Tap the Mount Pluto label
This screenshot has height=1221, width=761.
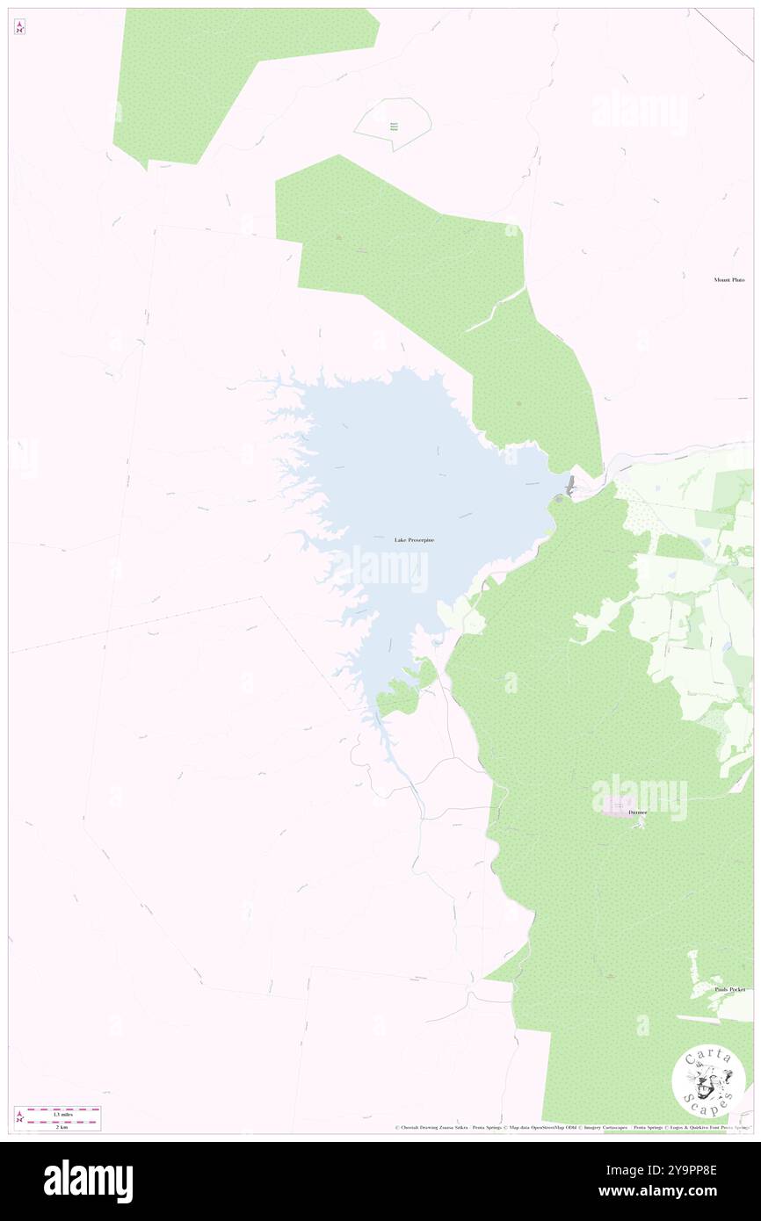(x=728, y=280)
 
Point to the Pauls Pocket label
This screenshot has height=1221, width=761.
(x=729, y=989)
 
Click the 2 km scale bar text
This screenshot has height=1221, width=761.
(x=62, y=1126)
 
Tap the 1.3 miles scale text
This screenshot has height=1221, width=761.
(x=62, y=1114)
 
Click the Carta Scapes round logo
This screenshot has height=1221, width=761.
(x=708, y=1080)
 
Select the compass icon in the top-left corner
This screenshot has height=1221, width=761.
(x=19, y=27)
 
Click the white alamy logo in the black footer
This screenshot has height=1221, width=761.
(x=88, y=1181)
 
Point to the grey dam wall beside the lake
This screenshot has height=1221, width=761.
(x=569, y=484)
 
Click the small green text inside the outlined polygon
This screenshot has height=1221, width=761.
(x=394, y=126)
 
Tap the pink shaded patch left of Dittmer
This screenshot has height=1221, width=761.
(x=618, y=806)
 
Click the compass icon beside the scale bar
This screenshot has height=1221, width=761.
(x=19, y=1118)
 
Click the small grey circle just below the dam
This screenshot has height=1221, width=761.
(x=558, y=499)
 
